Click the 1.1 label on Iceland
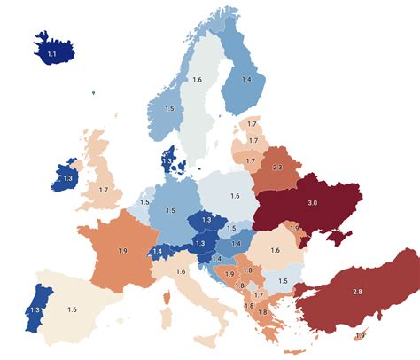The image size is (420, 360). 51,54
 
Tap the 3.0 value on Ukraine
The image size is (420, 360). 312,202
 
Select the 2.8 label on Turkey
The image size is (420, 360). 356,292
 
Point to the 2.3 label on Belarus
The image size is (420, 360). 276,168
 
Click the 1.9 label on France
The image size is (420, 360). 121,251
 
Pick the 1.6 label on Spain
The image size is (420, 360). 72,309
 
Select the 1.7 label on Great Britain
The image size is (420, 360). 104,190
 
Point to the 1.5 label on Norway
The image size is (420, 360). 168,109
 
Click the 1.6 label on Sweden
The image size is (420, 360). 197,80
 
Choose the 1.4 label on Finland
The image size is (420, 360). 247,80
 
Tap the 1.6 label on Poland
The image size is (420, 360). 235,196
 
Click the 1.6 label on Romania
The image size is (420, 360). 275,251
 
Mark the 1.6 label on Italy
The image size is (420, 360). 181,271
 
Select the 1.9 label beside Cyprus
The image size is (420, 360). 359,334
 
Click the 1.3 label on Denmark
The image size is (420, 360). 167,160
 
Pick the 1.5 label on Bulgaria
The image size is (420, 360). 283,281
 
